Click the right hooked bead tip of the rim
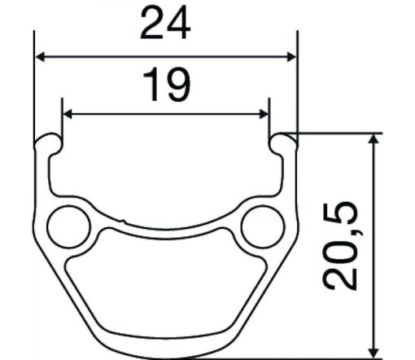click(x=283, y=140)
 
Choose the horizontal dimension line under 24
click(x=98, y=57)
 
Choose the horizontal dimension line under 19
click(x=106, y=114)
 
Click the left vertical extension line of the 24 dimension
click(x=35, y=90)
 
